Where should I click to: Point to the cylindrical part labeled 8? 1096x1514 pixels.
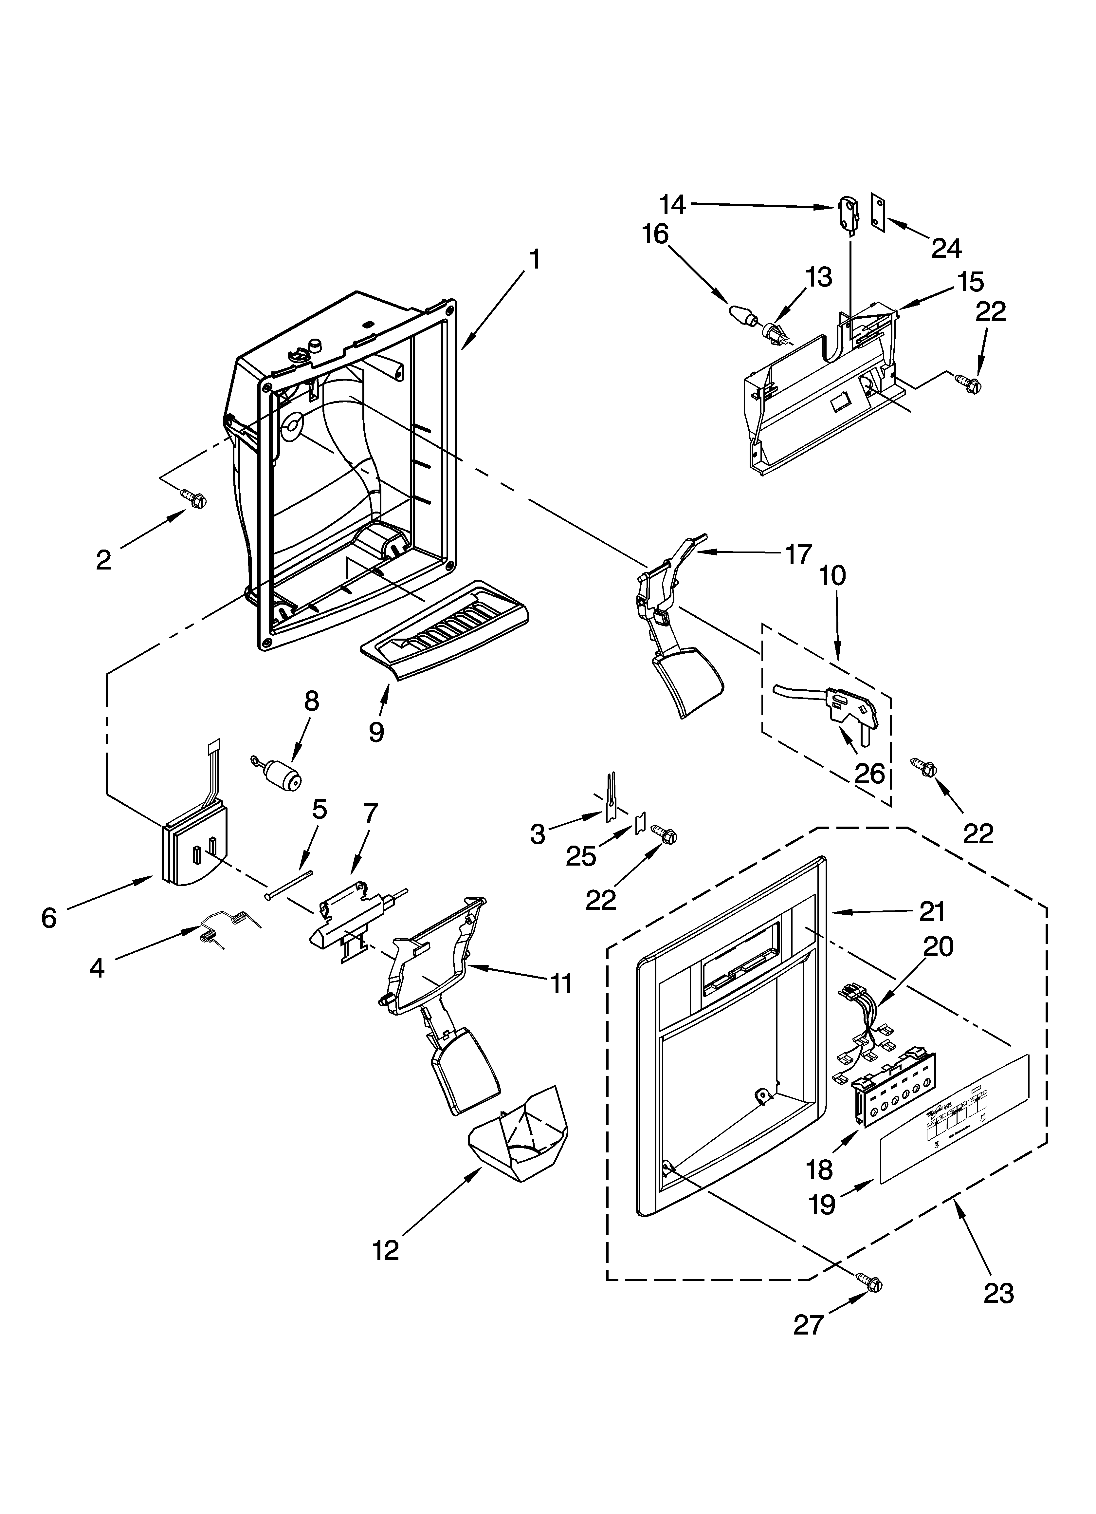[x=282, y=775]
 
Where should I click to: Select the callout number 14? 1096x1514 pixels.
[x=673, y=204]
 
